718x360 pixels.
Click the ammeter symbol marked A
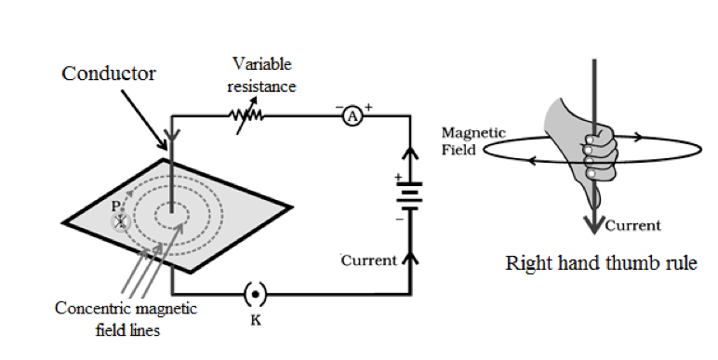352,117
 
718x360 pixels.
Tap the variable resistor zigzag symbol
246,116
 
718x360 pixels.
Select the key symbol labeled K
255,295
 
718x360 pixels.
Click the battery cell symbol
410,196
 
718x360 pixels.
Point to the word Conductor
109,73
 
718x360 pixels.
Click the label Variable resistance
261,75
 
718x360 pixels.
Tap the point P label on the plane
116,207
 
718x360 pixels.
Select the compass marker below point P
121,222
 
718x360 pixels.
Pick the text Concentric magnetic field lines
126,319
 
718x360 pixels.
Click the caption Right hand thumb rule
601,263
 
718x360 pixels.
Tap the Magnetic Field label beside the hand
473,141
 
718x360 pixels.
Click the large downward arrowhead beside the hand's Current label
594,224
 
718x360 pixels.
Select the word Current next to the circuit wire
369,260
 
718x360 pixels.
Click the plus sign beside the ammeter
368,107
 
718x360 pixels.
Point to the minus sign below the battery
400,220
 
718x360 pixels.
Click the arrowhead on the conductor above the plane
172,135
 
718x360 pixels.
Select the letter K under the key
256,320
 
